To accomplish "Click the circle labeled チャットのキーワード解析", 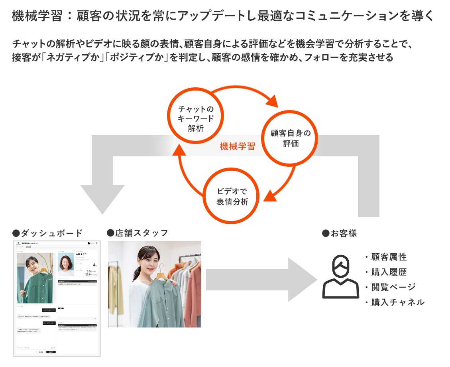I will [196, 118].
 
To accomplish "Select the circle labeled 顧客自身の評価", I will [291, 138].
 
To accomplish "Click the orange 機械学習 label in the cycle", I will [237, 146].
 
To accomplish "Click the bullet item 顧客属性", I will [389, 257].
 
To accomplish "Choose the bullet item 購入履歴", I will [389, 272].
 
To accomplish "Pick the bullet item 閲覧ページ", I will [393, 287].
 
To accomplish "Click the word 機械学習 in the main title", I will [29, 16].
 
